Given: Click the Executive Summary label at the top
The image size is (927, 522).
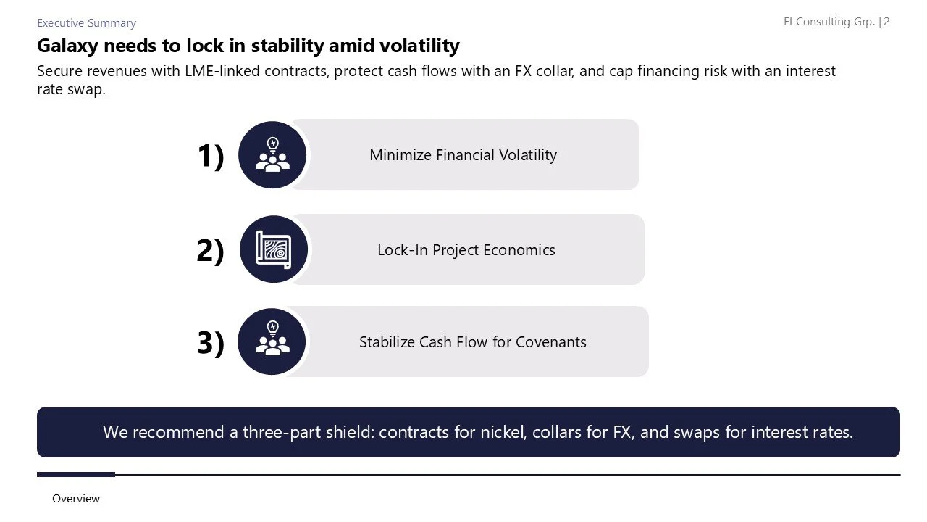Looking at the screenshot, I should (x=86, y=23).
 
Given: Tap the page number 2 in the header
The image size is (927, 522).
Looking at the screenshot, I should (x=887, y=22).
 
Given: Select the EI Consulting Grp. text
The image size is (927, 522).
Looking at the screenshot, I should (x=829, y=22).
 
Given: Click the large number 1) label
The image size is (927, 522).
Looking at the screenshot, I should (x=210, y=156).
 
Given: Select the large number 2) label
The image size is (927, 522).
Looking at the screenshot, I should (x=210, y=250).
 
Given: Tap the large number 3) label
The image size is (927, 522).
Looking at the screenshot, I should (x=210, y=342).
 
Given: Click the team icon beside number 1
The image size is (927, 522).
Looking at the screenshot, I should (x=272, y=155).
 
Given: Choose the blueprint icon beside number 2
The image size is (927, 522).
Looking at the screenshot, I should (x=273, y=249).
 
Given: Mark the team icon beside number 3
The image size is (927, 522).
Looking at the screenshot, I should (x=272, y=341).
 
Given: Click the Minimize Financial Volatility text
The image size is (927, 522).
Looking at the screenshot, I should (x=463, y=155).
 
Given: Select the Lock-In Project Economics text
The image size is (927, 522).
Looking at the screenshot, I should (x=466, y=250).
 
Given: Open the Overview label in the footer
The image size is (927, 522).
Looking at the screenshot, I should (x=76, y=499).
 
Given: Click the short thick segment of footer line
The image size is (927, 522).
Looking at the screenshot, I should (x=76, y=475).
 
